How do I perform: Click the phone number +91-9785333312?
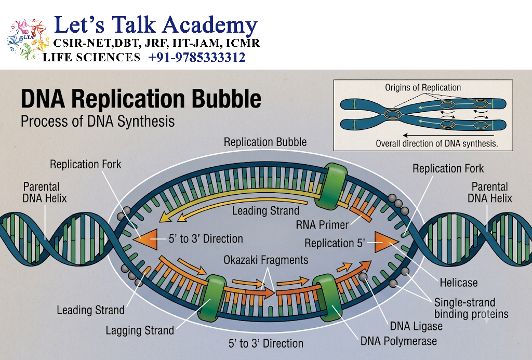[197, 57]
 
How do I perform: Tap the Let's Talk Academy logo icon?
[28, 39]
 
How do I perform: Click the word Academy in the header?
[210, 26]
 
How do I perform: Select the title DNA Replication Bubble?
[141, 99]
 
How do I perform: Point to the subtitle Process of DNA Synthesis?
[98, 122]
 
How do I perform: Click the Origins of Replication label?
[423, 88]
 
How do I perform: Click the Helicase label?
[458, 282]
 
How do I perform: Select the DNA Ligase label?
[416, 326]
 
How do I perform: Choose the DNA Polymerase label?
[398, 341]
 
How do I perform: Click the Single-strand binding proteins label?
[471, 308]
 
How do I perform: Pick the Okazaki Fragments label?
[265, 260]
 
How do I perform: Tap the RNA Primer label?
[322, 224]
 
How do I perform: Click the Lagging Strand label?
[140, 330]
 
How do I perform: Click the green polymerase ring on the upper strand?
[331, 185]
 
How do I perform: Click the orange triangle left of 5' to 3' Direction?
[145, 239]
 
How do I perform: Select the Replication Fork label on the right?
[448, 169]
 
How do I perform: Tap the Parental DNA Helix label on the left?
[45, 192]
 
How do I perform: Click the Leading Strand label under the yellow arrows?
[265, 211]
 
